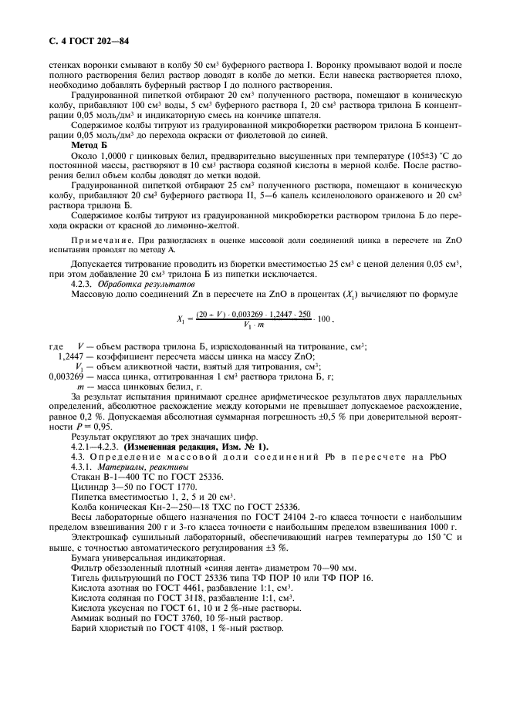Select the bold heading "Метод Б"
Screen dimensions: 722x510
click(90, 145)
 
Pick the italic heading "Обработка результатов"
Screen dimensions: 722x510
click(134, 284)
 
